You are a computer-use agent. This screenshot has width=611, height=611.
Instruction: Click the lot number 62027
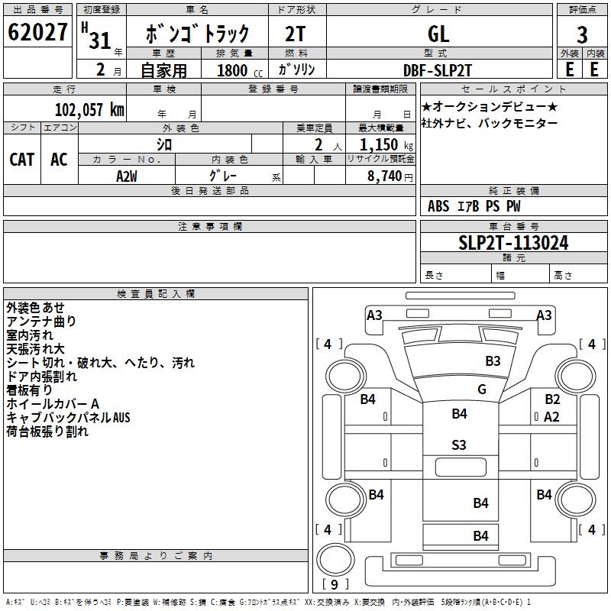click(x=37, y=32)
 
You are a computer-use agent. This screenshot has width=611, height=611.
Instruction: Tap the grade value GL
click(x=438, y=34)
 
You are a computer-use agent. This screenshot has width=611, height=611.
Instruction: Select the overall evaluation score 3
click(x=582, y=35)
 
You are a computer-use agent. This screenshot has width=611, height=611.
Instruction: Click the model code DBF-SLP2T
click(x=438, y=70)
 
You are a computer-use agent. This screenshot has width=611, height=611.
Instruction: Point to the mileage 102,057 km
click(x=89, y=109)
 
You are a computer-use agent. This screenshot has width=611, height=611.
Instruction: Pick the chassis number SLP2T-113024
click(x=513, y=243)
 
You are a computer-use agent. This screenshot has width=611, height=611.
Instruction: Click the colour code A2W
click(x=127, y=176)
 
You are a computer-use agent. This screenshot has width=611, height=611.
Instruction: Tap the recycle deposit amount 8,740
click(x=384, y=176)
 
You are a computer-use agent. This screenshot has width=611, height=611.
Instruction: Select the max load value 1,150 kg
click(x=386, y=144)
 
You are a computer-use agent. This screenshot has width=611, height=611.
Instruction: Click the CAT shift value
click(x=22, y=160)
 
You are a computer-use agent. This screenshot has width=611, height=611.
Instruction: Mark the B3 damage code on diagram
click(x=493, y=360)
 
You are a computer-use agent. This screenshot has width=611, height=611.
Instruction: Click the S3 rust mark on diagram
click(x=459, y=445)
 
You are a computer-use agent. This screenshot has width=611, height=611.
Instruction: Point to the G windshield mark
click(x=482, y=389)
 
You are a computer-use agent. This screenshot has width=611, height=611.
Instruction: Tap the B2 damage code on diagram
click(x=552, y=399)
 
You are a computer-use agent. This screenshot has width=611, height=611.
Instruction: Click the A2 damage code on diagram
click(x=551, y=417)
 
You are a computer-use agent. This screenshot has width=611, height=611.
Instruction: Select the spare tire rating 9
click(x=334, y=584)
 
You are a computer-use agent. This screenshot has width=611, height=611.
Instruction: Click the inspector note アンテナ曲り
click(x=41, y=321)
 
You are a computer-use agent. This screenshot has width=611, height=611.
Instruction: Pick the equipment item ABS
click(x=438, y=205)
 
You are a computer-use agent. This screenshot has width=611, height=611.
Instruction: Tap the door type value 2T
click(x=296, y=34)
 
